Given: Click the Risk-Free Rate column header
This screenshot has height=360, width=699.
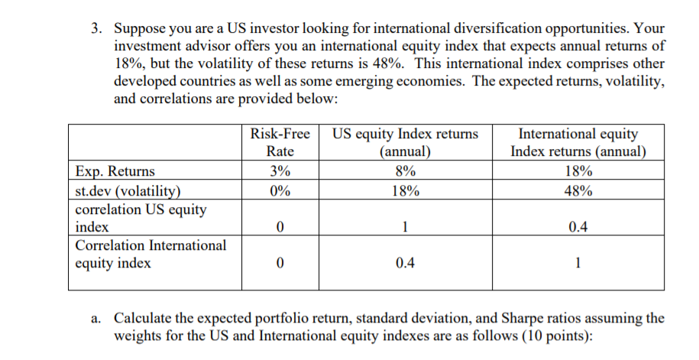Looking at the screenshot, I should click(x=280, y=142).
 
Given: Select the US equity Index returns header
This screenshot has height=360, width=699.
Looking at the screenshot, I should click(x=405, y=142).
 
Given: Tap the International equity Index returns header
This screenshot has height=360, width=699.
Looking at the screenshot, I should click(x=578, y=142).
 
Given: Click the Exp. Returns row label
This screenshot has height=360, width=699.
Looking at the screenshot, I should click(x=115, y=171).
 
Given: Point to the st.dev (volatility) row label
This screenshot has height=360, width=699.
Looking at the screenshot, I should click(x=129, y=191).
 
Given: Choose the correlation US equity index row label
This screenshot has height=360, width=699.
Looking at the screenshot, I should click(x=141, y=218).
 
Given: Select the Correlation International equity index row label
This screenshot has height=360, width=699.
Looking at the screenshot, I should click(x=150, y=255).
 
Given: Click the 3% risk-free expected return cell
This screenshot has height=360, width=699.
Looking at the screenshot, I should click(x=280, y=171).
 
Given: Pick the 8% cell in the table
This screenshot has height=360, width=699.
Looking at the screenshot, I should click(x=405, y=171).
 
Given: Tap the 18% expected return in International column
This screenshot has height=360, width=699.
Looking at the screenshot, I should click(x=578, y=171).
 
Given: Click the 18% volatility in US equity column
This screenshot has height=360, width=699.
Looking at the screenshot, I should click(x=405, y=191).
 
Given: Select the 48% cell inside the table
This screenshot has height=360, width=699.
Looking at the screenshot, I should click(x=578, y=191).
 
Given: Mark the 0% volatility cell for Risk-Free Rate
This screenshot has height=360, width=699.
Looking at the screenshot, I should click(x=280, y=191).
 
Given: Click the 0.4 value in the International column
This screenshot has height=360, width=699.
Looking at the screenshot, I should click(x=578, y=227).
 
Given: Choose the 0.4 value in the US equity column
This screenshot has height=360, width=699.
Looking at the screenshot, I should click(x=405, y=264).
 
